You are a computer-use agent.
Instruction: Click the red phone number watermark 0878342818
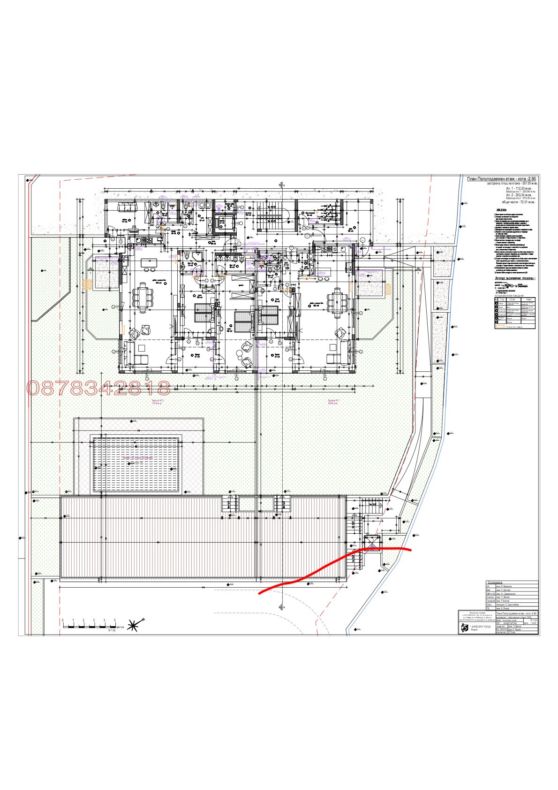point(98,388)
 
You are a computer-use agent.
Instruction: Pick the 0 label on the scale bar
point(62,620)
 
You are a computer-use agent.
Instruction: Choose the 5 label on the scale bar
point(115,620)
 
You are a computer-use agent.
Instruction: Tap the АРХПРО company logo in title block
point(465,628)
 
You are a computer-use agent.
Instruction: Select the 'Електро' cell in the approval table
point(491,597)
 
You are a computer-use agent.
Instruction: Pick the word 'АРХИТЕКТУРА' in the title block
point(513,623)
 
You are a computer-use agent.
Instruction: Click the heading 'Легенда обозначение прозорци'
point(515,278)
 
